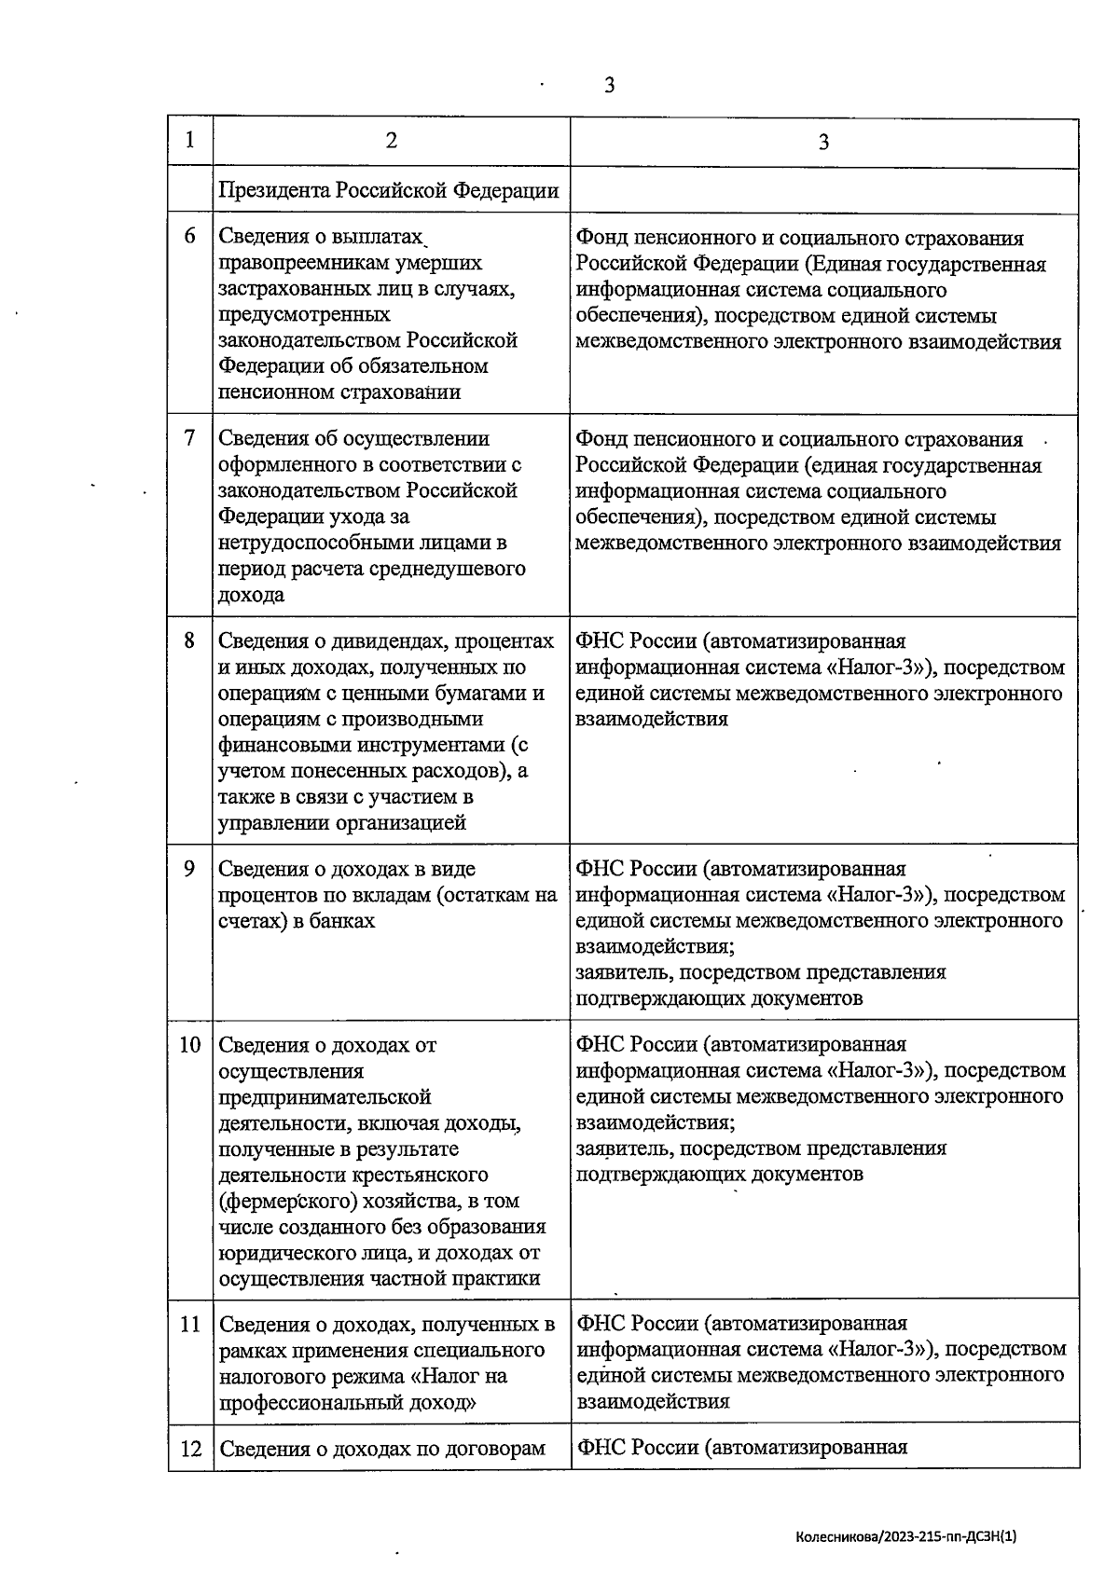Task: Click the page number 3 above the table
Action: pyautogui.click(x=609, y=86)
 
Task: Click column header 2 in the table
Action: pyautogui.click(x=391, y=141)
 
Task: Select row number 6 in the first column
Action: pyautogui.click(x=190, y=237)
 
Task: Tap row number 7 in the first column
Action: pyautogui.click(x=190, y=438)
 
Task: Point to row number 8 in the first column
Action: pyautogui.click(x=190, y=641)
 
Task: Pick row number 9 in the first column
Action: pyautogui.click(x=190, y=869)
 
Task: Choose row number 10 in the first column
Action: pyautogui.click(x=190, y=1045)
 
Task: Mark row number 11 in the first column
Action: pyautogui.click(x=190, y=1324)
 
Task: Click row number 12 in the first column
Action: pyautogui.click(x=190, y=1449)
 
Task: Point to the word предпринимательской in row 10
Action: pyautogui.click(x=325, y=1097)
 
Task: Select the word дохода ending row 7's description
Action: pyautogui.click(x=251, y=595)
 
